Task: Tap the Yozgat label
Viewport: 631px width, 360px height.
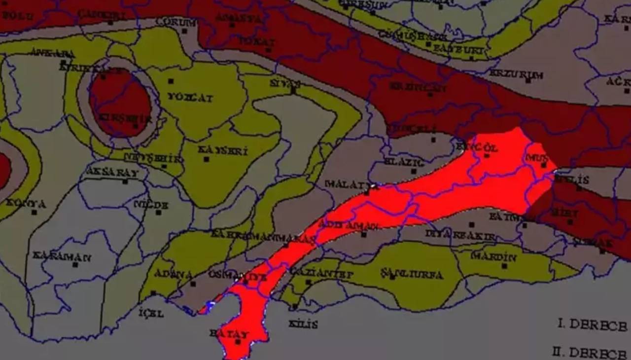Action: pyautogui.click(x=190, y=98)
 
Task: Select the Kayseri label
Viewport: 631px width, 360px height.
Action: pyautogui.click(x=223, y=150)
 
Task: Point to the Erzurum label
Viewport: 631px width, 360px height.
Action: pyautogui.click(x=516, y=74)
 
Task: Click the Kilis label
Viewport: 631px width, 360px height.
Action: pyautogui.click(x=303, y=324)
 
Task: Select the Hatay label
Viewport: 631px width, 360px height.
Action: pyautogui.click(x=229, y=333)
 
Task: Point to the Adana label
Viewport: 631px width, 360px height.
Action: pyautogui.click(x=173, y=274)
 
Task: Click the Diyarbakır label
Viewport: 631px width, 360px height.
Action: pyautogui.click(x=460, y=235)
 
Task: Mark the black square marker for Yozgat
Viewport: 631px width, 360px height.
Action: pyautogui.click(x=171, y=81)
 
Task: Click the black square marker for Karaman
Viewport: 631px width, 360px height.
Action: pyautogui.click(x=75, y=265)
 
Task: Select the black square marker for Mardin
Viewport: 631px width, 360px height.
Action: pyautogui.click(x=504, y=266)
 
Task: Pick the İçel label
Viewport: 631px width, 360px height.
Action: pyautogui.click(x=151, y=313)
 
